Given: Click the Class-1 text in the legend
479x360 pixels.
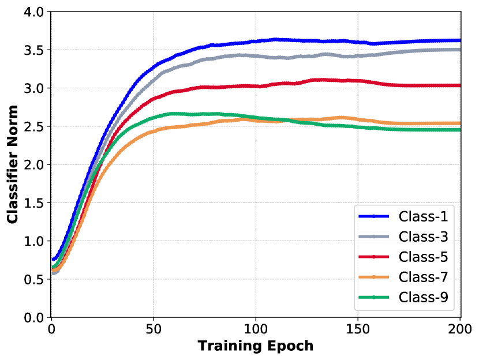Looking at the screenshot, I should coord(423,216).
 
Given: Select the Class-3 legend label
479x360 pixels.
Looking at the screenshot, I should coord(423,237).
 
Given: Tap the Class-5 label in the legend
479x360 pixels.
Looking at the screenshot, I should coord(423,257).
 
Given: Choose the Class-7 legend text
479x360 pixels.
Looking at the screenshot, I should coord(423,277).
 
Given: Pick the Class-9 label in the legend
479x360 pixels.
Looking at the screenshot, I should coord(423,297).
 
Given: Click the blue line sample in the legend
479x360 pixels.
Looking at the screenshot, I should coord(373,216).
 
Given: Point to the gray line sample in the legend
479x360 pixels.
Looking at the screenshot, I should coord(373,237).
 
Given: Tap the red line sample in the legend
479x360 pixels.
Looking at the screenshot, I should coord(373,257).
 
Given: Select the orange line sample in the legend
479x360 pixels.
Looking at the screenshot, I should coord(373,277).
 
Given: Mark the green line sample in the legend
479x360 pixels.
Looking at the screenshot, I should coord(373,297).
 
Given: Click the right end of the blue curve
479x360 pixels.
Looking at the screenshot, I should coord(459,40).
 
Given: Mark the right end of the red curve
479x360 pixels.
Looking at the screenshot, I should coord(459,85).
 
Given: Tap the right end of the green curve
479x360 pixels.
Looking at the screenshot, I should coord(459,130).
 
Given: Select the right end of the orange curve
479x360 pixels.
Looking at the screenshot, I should coord(459,123).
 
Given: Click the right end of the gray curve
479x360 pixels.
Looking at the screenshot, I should coord(459,50).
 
